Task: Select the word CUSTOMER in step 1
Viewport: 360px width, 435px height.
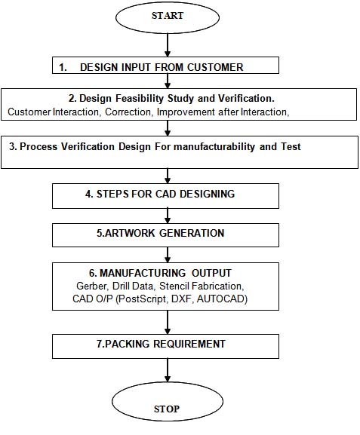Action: (x=215, y=67)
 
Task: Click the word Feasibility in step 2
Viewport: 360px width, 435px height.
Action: (x=140, y=99)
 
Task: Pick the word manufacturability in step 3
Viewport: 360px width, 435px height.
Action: (x=214, y=146)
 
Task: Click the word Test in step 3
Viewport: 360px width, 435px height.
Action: (x=291, y=146)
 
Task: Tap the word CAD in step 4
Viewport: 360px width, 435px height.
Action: (x=166, y=194)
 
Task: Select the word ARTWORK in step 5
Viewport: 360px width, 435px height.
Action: (x=130, y=233)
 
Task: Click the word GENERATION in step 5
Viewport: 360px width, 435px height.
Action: (x=192, y=233)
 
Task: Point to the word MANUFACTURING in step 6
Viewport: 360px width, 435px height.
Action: (x=143, y=273)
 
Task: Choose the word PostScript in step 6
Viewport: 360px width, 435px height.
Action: (x=143, y=299)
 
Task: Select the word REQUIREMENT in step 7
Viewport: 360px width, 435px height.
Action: (x=189, y=344)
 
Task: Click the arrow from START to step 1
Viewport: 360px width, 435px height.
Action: (x=168, y=45)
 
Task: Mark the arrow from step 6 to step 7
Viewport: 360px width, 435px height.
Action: (x=168, y=322)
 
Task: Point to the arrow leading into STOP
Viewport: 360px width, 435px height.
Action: (x=168, y=370)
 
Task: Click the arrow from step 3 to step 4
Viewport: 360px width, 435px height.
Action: (x=168, y=176)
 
